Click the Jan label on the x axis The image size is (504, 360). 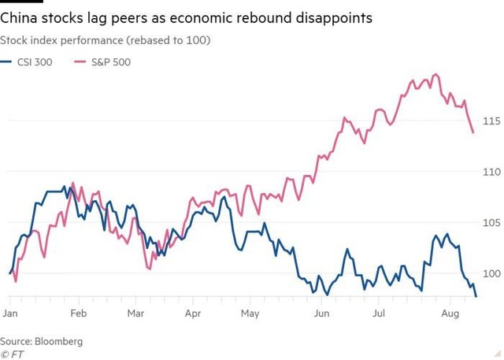[10, 313]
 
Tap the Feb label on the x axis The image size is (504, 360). [79, 313]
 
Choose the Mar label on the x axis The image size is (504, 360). [135, 313]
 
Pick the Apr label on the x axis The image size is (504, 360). [193, 313]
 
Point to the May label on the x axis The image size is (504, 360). [250, 313]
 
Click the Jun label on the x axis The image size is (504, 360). [321, 313]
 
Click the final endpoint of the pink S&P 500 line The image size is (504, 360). [472, 132]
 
